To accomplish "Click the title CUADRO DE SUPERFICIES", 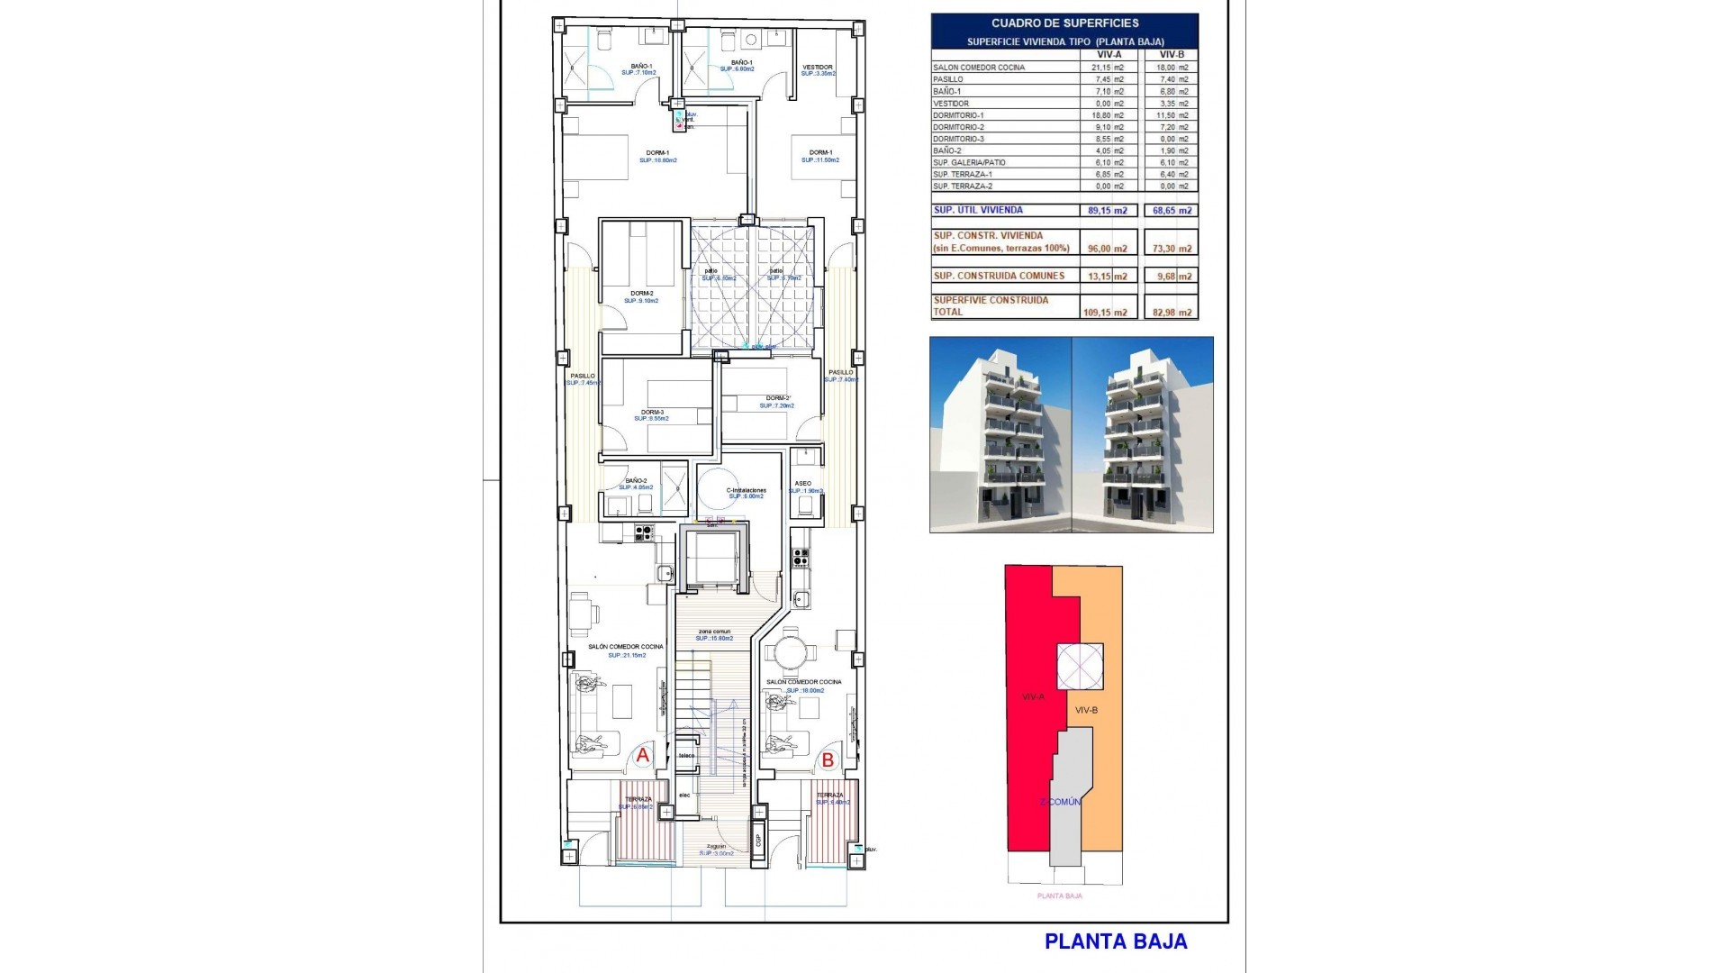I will tap(1064, 23).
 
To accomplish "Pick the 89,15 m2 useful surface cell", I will tap(1107, 211).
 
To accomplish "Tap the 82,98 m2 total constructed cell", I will tap(1172, 313).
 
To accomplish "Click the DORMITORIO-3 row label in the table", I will tap(958, 139).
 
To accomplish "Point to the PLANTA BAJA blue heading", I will tap(1115, 941).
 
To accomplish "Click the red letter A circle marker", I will tap(643, 756).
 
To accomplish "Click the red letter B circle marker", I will tap(828, 760).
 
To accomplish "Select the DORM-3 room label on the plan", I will tap(652, 413).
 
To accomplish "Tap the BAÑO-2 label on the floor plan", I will tap(636, 481).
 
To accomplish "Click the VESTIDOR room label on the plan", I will tap(818, 67).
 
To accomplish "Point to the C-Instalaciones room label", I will tap(746, 490).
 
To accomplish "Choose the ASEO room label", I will tap(803, 484).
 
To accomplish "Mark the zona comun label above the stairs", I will tap(714, 632).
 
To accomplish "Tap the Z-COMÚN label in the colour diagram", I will tap(1060, 802).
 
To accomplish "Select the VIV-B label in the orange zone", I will tap(1087, 710).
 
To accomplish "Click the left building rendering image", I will tap(1000, 434).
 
